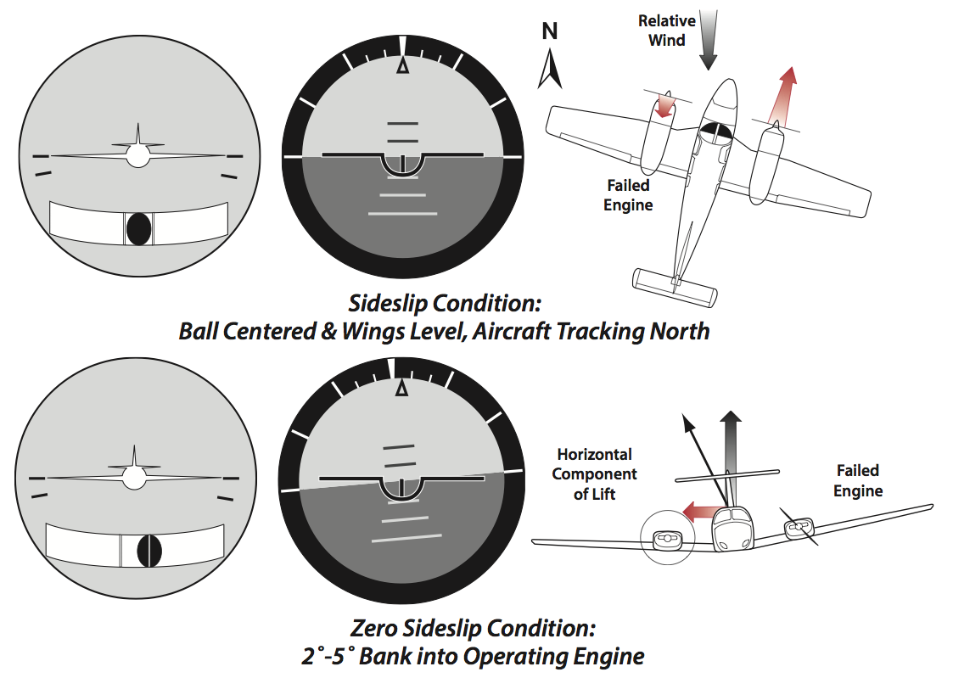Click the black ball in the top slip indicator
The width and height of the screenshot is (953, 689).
[139, 228]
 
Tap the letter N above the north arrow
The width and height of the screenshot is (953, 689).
[550, 32]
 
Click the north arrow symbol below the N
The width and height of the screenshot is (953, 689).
[550, 70]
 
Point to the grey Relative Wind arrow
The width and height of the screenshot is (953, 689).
[708, 38]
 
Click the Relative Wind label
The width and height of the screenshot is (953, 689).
[666, 30]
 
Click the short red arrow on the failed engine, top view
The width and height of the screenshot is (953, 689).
[665, 105]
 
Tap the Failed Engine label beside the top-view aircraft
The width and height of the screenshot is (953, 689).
[628, 194]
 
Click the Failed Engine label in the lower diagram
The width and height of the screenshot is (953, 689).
[857, 480]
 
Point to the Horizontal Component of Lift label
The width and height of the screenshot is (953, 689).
[594, 474]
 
